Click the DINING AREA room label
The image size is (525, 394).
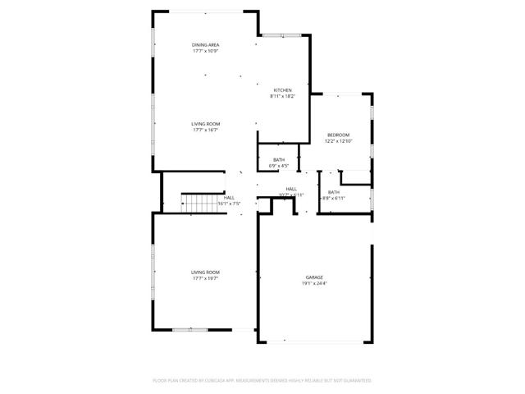206,44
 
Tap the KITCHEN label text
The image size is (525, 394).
282,90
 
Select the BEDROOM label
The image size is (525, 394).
338,135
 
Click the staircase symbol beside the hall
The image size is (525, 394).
197,203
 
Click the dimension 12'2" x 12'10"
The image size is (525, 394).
338,141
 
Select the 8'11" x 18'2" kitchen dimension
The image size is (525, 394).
282,97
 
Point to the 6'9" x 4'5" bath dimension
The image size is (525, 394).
279,166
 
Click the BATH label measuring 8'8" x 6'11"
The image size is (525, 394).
334,192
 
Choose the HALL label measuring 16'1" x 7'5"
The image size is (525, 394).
229,197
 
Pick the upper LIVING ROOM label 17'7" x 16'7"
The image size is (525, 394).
206,124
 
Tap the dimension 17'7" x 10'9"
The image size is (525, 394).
206,51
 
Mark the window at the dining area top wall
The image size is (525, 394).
206,11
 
